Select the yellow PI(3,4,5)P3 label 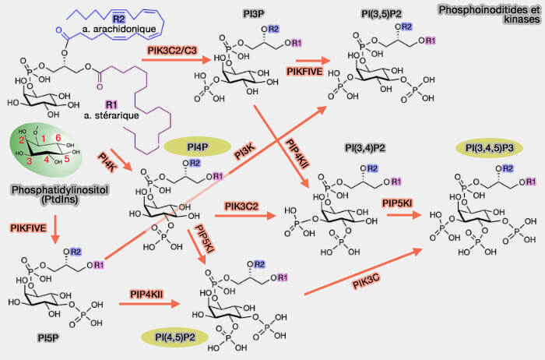(x=492, y=148)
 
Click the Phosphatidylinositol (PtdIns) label (x=50, y=196)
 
